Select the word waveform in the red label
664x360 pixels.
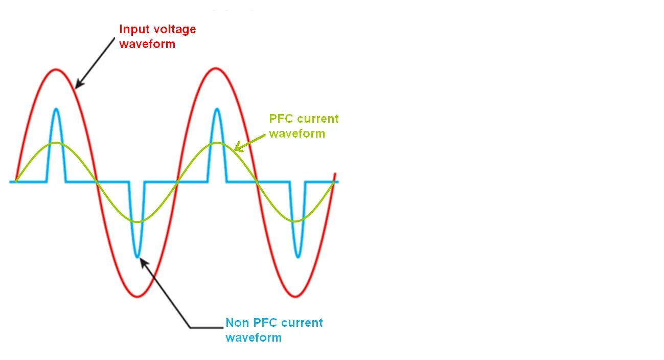(147, 44)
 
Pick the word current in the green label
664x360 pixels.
(318, 119)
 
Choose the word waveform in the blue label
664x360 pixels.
(254, 337)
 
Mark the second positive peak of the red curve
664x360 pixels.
(217, 69)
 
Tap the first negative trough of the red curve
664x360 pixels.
(137, 296)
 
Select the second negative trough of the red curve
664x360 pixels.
(296, 296)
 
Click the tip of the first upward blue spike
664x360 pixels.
(56, 109)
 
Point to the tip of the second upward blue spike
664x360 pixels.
(217, 109)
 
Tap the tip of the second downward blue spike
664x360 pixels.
(297, 256)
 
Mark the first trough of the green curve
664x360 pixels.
(137, 221)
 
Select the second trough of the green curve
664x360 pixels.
(296, 221)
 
